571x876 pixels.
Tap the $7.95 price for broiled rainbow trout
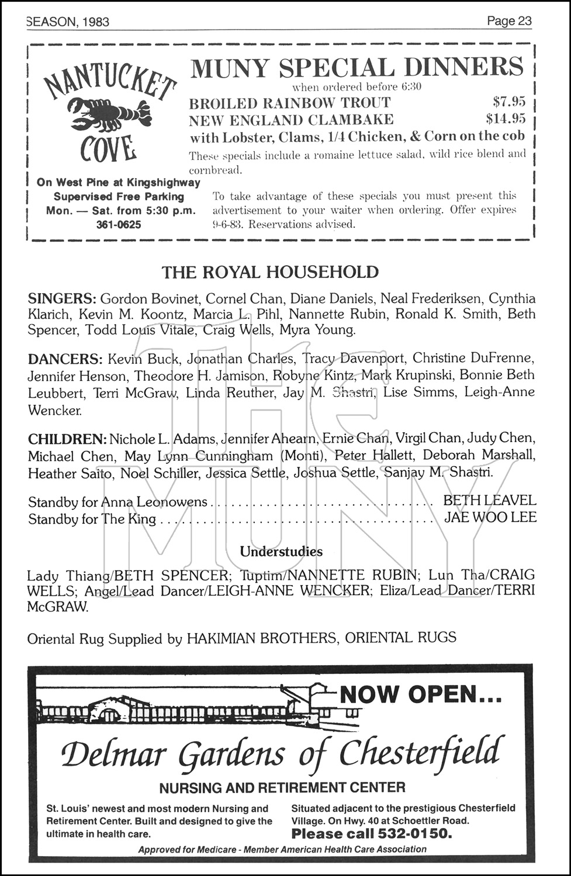click(509, 102)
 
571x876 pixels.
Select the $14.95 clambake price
click(506, 119)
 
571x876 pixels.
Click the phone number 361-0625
click(119, 224)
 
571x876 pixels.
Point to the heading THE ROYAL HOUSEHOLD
click(270, 272)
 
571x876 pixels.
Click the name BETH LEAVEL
click(489, 500)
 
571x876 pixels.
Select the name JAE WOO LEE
click(490, 517)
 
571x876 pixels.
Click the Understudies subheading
click(281, 551)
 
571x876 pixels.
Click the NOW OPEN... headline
click(420, 694)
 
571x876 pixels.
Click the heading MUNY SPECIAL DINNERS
click(357, 68)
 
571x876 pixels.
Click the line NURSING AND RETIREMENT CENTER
click(282, 788)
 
